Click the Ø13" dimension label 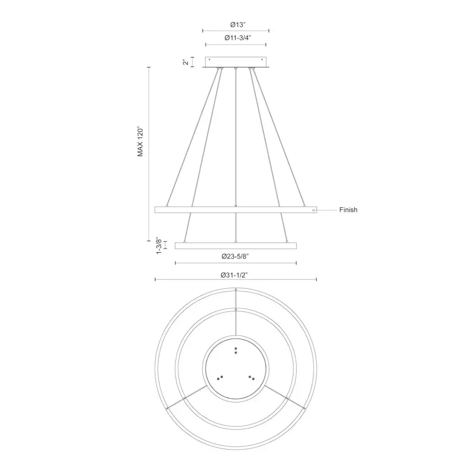(236, 24)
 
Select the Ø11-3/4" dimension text (236, 38)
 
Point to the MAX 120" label (140, 141)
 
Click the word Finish (348, 210)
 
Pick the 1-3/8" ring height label (159, 245)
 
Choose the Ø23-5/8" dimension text (236, 256)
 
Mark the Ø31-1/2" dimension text (236, 273)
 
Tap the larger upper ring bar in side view (236, 210)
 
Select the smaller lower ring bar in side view (236, 245)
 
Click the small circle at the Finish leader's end (313, 210)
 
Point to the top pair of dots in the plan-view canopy (236, 350)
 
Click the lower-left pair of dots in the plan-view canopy (220, 377)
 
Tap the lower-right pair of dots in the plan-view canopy (252, 377)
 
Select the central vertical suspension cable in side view (236, 136)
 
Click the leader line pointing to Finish (327, 210)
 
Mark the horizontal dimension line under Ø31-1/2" (236, 280)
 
